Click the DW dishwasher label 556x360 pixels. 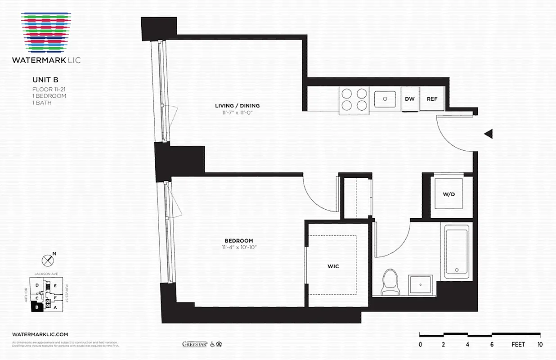(x=409, y=99)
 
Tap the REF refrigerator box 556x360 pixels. (x=432, y=99)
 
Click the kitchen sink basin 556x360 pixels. (x=385, y=99)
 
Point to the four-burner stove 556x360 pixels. (x=354, y=99)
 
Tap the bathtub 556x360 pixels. (x=457, y=252)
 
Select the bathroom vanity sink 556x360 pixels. (x=421, y=285)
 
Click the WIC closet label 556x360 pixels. (x=333, y=266)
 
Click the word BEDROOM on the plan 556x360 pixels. (x=239, y=241)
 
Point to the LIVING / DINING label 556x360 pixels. (x=237, y=106)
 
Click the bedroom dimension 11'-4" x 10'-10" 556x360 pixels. (x=239, y=247)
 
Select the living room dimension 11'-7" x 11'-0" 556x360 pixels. (x=237, y=112)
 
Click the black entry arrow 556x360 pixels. (x=488, y=134)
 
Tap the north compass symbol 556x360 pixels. (x=47, y=260)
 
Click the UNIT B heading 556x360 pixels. (x=45, y=80)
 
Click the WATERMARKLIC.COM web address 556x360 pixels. (x=40, y=334)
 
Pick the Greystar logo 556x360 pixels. (x=194, y=344)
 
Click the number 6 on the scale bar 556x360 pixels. (x=492, y=345)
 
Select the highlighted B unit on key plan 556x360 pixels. (x=36, y=307)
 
